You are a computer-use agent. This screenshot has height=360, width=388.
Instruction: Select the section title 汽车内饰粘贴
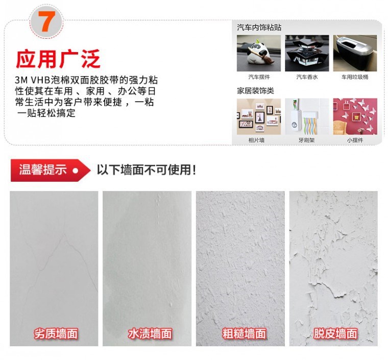(x=259, y=27)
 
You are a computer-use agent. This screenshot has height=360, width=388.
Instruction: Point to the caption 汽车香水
(x=307, y=77)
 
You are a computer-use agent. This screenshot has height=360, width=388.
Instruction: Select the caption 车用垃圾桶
(x=355, y=77)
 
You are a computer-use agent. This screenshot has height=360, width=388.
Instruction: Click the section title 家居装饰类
(x=255, y=90)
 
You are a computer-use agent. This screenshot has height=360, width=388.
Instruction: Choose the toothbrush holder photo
(x=307, y=116)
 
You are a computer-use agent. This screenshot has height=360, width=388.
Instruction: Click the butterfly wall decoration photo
(x=355, y=116)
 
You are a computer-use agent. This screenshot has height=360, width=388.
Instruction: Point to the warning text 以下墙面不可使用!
(x=146, y=170)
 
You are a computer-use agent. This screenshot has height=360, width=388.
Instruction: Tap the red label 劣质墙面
(x=56, y=334)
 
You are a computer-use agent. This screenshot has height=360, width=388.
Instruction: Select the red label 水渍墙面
(x=150, y=334)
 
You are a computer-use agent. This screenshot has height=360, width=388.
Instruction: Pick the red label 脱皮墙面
(x=335, y=334)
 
